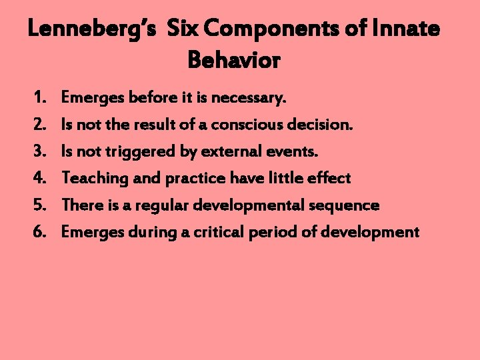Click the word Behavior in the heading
click(x=234, y=60)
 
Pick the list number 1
click(x=37, y=99)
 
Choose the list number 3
click(x=38, y=152)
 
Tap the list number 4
click(x=38, y=179)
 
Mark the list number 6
click(x=38, y=232)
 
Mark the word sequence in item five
click(x=347, y=205)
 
